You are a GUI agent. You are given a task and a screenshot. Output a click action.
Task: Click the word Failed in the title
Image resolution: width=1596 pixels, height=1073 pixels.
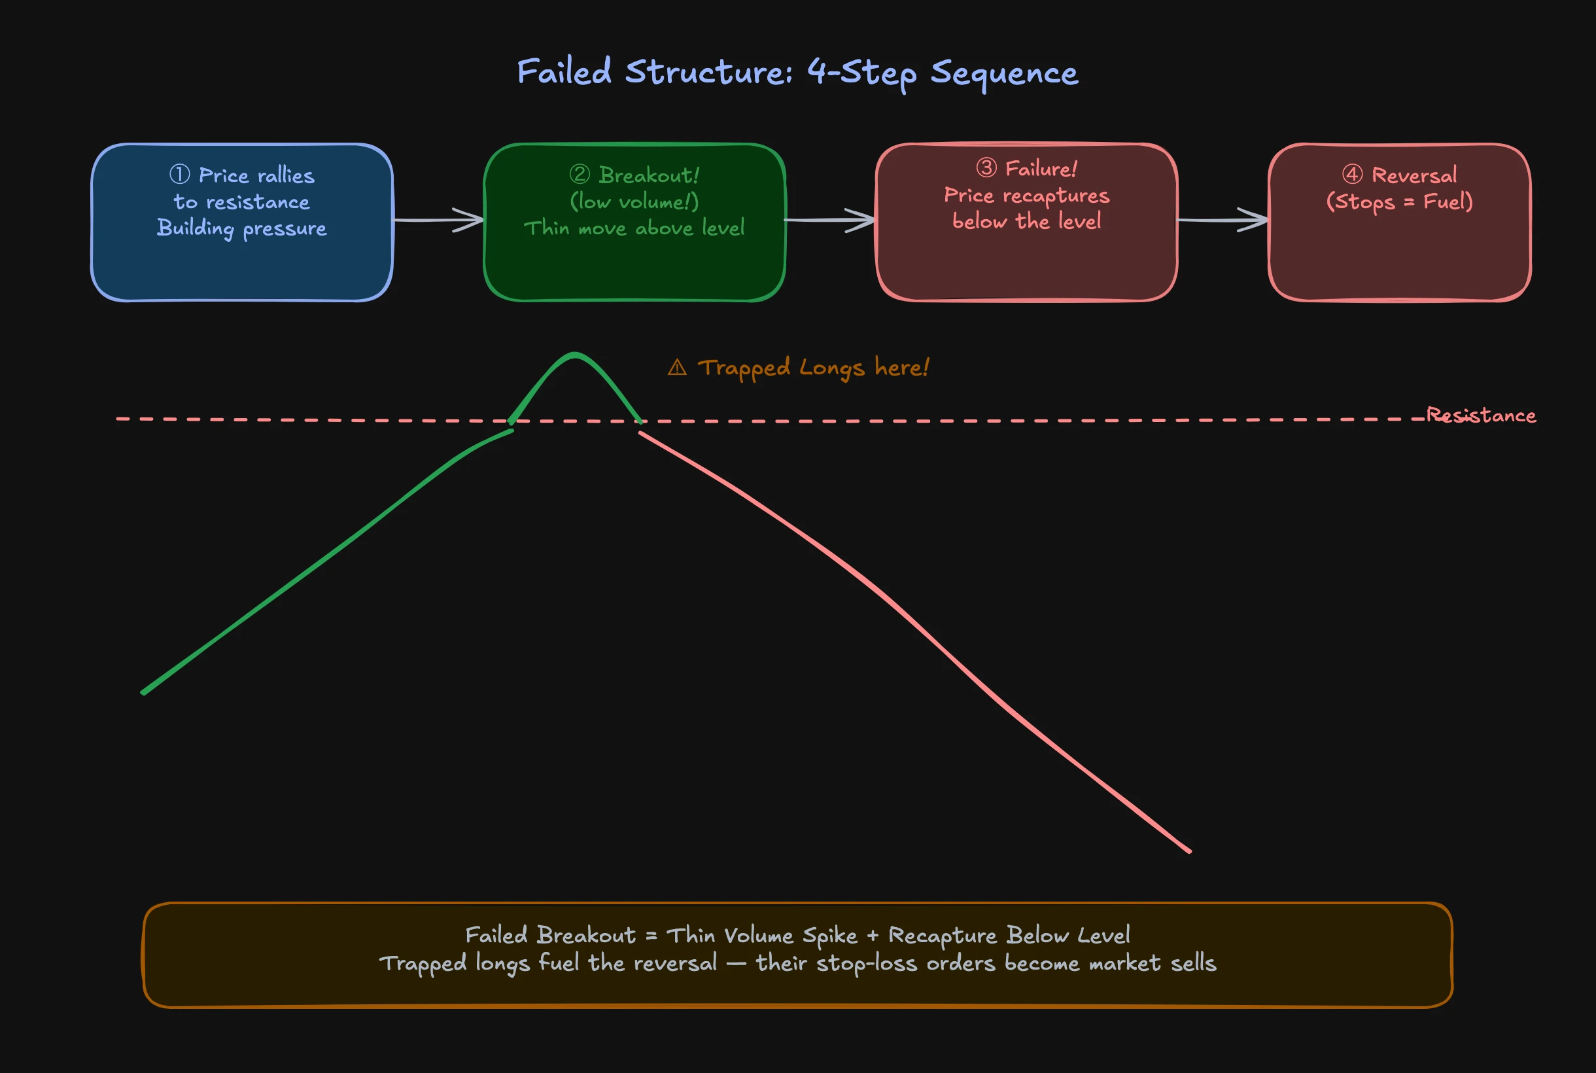point(564,72)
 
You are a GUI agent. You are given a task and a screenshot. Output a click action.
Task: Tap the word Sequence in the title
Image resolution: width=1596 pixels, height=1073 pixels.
point(1003,73)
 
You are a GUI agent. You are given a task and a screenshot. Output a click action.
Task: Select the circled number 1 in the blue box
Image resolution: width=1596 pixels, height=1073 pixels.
point(179,175)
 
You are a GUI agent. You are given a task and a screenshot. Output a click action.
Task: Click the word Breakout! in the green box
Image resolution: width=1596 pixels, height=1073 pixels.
point(648,175)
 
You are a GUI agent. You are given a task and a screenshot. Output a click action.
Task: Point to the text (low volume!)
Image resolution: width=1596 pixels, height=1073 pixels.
point(634,202)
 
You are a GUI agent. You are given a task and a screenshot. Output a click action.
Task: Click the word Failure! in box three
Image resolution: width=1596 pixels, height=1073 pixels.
point(1041,168)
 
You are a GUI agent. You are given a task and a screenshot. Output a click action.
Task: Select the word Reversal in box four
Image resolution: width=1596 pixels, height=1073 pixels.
point(1414,175)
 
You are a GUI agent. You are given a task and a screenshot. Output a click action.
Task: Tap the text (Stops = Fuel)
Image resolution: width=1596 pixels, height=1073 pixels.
point(1399,202)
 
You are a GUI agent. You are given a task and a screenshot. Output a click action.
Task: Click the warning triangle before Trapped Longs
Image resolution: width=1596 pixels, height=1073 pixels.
point(676,368)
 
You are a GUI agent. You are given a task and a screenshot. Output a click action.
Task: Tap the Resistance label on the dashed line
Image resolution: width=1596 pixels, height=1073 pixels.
point(1480,415)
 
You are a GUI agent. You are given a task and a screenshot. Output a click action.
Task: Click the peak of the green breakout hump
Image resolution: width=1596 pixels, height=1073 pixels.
point(575,355)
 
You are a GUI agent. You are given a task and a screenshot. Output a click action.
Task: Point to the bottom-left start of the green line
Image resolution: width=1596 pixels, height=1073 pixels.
point(144,692)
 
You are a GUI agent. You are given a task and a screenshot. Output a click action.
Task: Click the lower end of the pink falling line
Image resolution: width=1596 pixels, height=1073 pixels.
point(1189,851)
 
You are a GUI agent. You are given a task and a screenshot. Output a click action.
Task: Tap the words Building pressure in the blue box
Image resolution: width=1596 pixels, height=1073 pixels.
point(241,228)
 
